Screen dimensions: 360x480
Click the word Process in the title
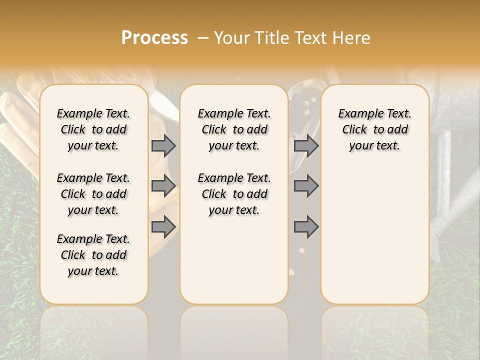pos(154,38)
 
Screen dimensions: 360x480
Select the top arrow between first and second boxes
pos(163,146)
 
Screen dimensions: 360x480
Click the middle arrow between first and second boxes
pos(163,186)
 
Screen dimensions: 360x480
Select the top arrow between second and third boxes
pos(306,146)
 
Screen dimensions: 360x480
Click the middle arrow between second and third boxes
pos(306,186)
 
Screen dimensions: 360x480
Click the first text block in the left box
pos(93,129)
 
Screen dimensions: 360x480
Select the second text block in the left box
pos(93,194)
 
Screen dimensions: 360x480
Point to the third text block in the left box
pos(93,255)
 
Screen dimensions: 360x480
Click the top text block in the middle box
pos(234,129)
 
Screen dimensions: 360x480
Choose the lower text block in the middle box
pos(234,194)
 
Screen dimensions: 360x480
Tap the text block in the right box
pos(374,129)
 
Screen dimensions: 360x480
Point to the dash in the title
pos(203,38)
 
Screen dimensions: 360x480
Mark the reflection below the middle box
pos(234,330)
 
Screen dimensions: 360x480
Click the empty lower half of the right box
pos(374,240)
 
